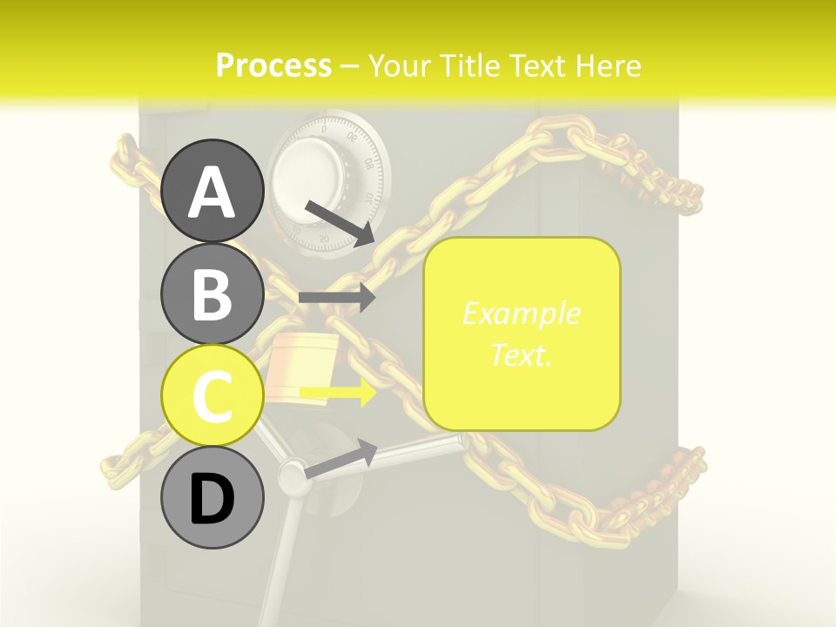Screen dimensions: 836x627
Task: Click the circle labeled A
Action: click(x=212, y=191)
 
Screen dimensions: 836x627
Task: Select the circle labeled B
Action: click(x=212, y=293)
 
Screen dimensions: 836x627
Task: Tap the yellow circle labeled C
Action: click(x=212, y=395)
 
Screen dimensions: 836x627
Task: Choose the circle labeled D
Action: click(x=212, y=497)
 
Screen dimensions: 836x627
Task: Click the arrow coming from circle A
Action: click(x=340, y=224)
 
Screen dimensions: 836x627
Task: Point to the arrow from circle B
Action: click(x=337, y=298)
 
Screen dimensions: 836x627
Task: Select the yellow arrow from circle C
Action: click(x=338, y=393)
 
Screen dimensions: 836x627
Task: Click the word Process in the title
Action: click(x=273, y=65)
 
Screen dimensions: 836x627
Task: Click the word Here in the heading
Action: click(x=608, y=65)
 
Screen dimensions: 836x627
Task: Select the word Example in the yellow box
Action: click(x=522, y=314)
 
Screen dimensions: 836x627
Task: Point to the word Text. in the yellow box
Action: click(x=521, y=355)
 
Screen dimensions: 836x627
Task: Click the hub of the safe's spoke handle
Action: click(x=293, y=474)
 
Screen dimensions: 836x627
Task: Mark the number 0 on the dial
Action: click(x=324, y=129)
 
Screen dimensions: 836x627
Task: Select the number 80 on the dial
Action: click(x=369, y=163)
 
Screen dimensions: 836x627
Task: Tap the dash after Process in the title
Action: click(x=348, y=67)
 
